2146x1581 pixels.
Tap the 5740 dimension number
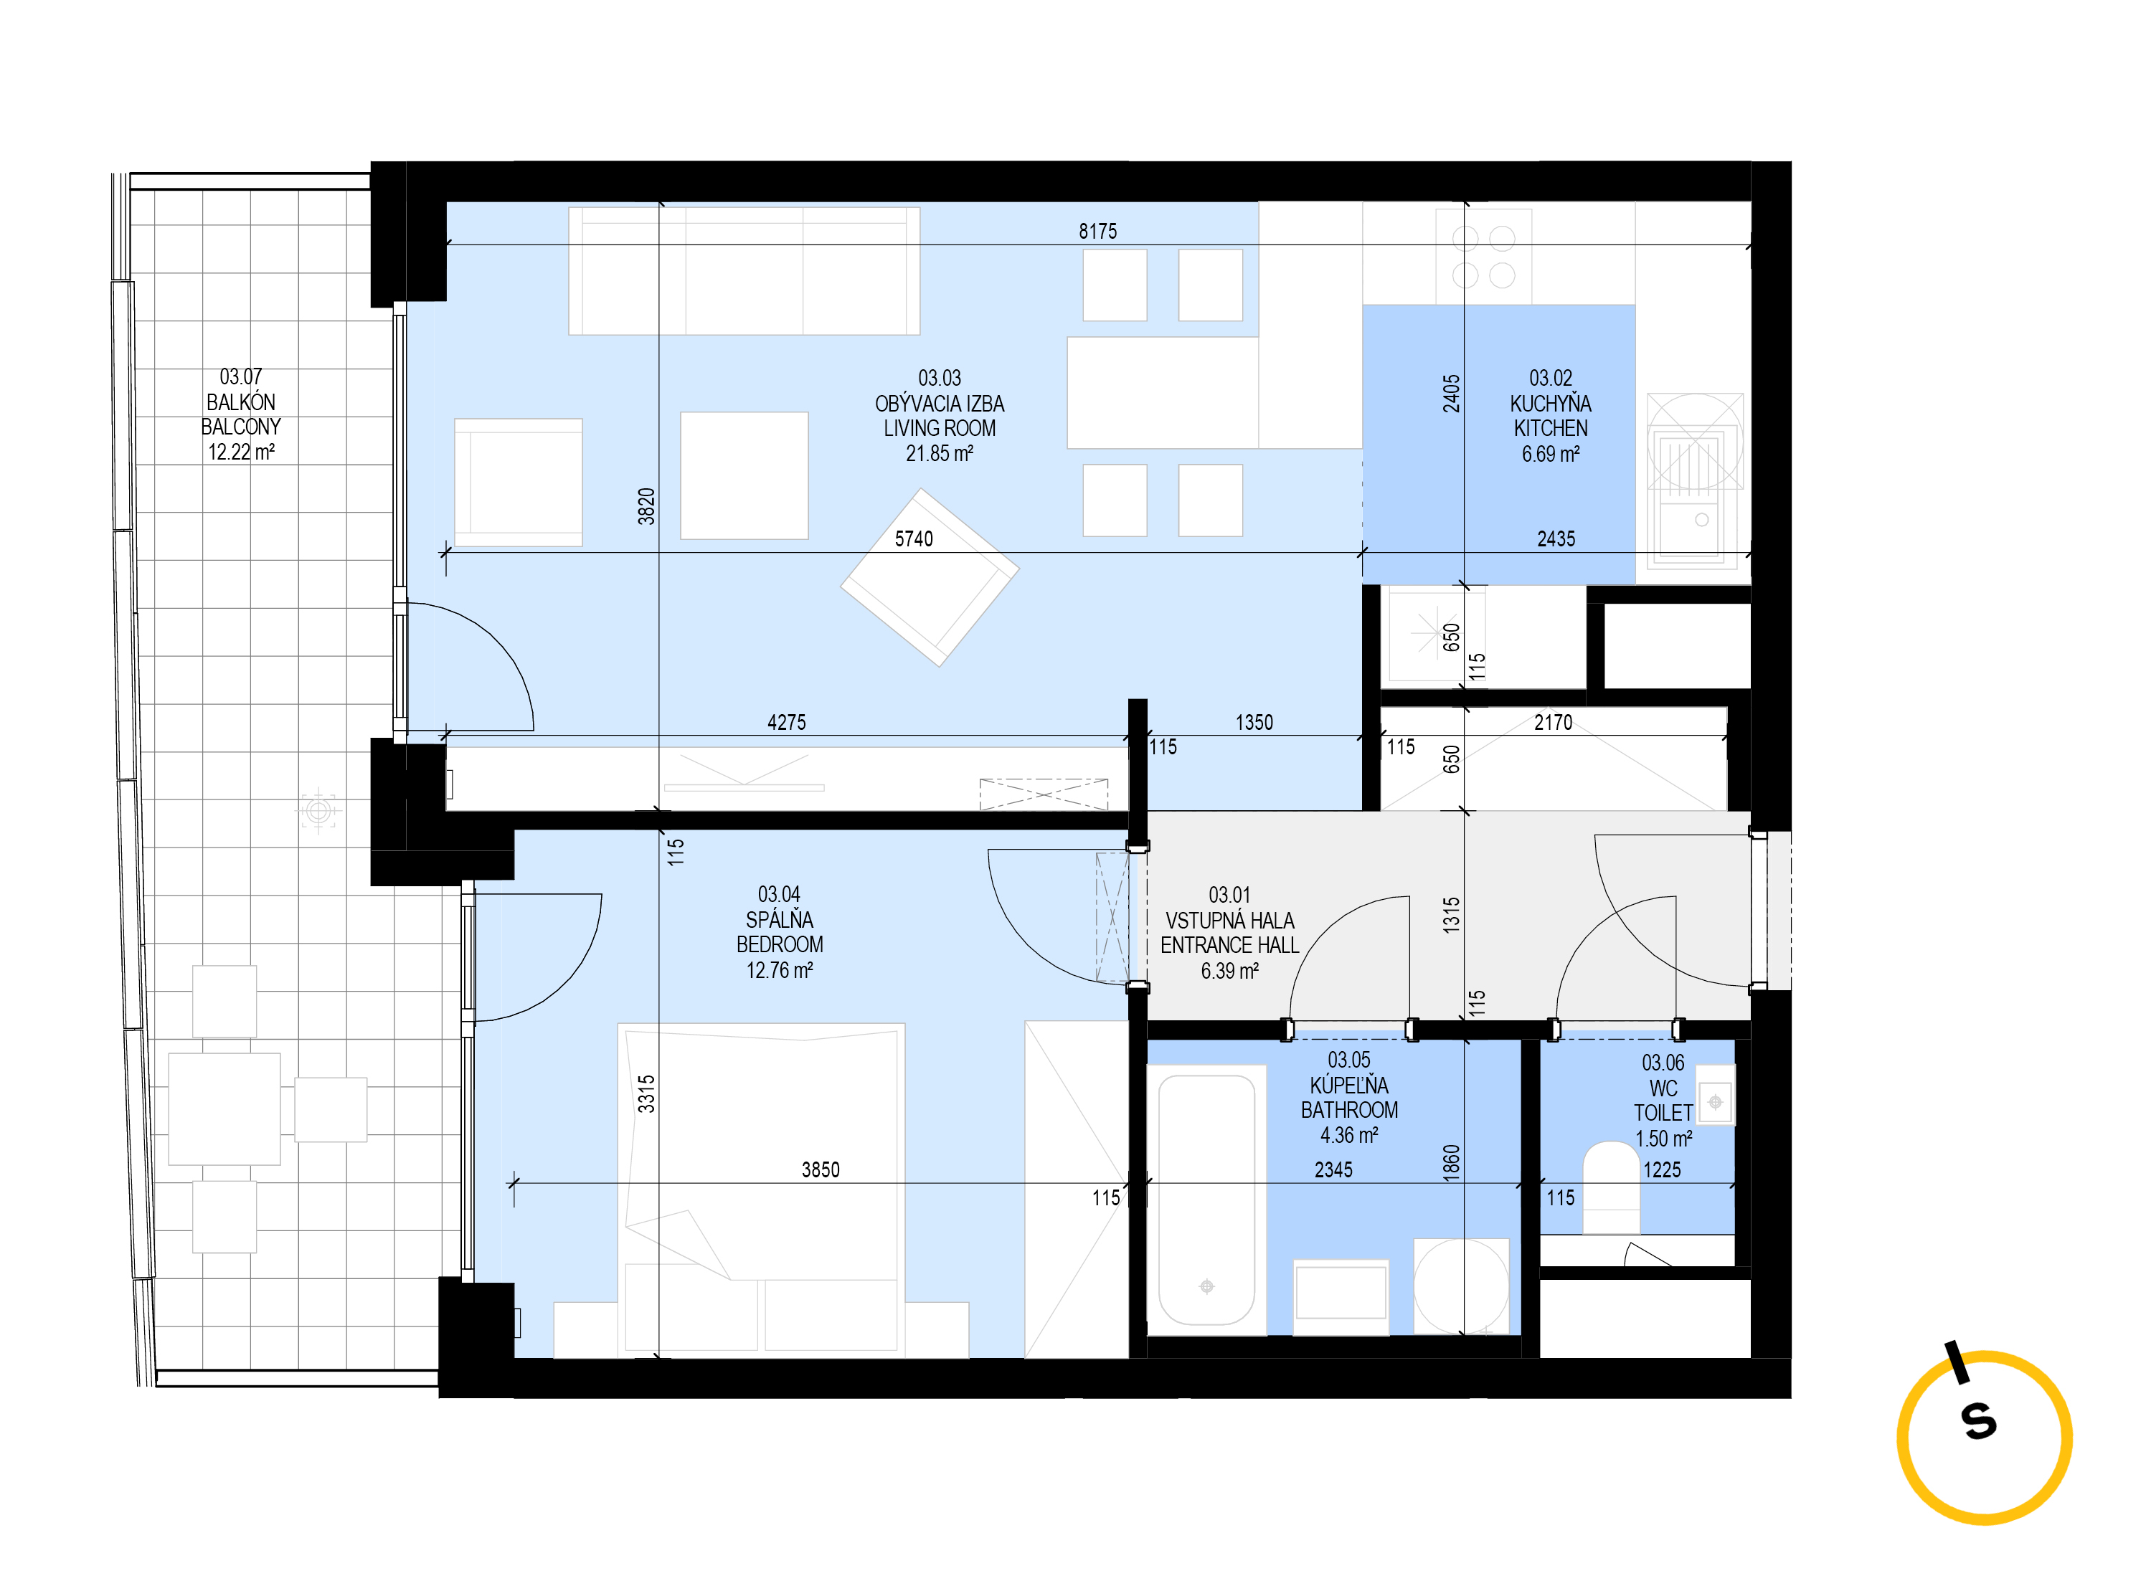pyautogui.click(x=913, y=538)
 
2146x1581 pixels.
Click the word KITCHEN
pyautogui.click(x=1550, y=429)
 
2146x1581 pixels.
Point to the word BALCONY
pyautogui.click(x=240, y=427)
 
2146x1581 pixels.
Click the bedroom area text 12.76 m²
pyautogui.click(x=779, y=970)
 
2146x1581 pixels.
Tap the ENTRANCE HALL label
pyautogui.click(x=1229, y=946)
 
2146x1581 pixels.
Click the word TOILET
pyautogui.click(x=1663, y=1113)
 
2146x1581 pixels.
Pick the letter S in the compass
pyautogui.click(x=1978, y=1421)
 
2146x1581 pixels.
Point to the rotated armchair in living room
pyautogui.click(x=930, y=577)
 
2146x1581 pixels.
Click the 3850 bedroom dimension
pyautogui.click(x=821, y=1169)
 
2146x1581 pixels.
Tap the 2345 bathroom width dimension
pyautogui.click(x=1333, y=1169)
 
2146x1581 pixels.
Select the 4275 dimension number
pyautogui.click(x=787, y=723)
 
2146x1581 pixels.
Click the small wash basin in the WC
pyautogui.click(x=1715, y=1103)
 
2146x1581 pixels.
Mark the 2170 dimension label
pyautogui.click(x=1553, y=723)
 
